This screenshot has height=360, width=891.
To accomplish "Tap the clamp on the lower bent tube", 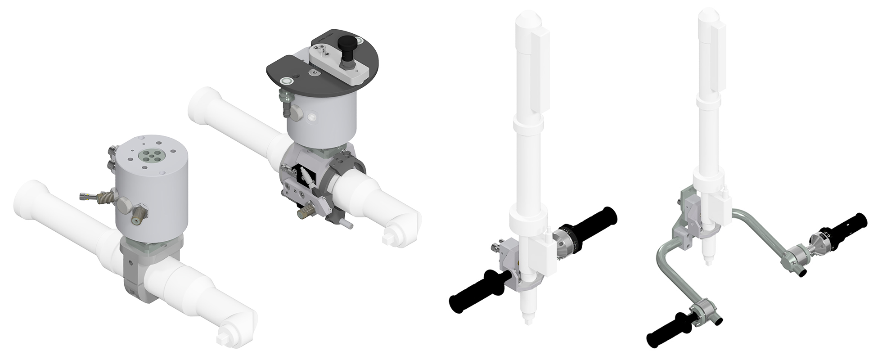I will pyautogui.click(x=699, y=310).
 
